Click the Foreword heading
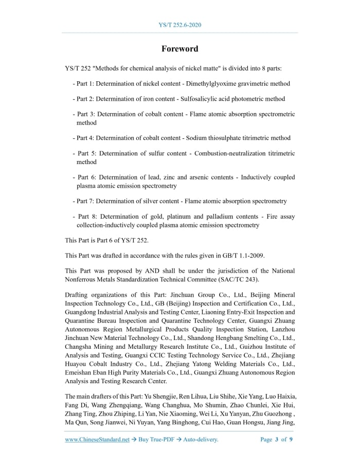click(x=179, y=49)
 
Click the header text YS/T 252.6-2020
click(x=179, y=25)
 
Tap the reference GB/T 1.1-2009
click(x=243, y=256)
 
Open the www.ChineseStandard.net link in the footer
click(x=97, y=439)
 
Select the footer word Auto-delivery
click(x=201, y=439)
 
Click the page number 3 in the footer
click(x=277, y=439)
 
